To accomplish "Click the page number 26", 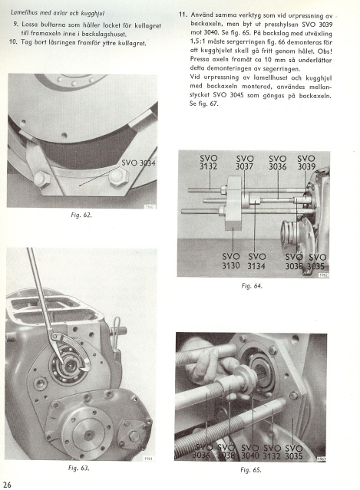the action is [7, 485].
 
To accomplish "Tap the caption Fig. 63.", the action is [79, 468].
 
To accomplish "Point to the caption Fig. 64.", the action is [252, 285].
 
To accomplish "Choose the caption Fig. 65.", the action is [251, 470].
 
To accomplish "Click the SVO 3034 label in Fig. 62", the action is [138, 163].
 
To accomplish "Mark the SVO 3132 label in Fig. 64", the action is [208, 163].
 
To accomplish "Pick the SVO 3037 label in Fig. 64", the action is [245, 163].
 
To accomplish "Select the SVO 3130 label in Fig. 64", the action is [231, 261].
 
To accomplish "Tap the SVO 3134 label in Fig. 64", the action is [256, 261].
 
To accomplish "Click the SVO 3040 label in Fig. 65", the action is [250, 452].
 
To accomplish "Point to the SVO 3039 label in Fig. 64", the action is [306, 163].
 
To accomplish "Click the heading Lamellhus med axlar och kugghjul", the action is [58, 13].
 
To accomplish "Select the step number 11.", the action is [183, 15].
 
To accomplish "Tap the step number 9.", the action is [16, 24].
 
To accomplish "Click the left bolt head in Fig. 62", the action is [42, 179].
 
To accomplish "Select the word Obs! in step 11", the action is [325, 51].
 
